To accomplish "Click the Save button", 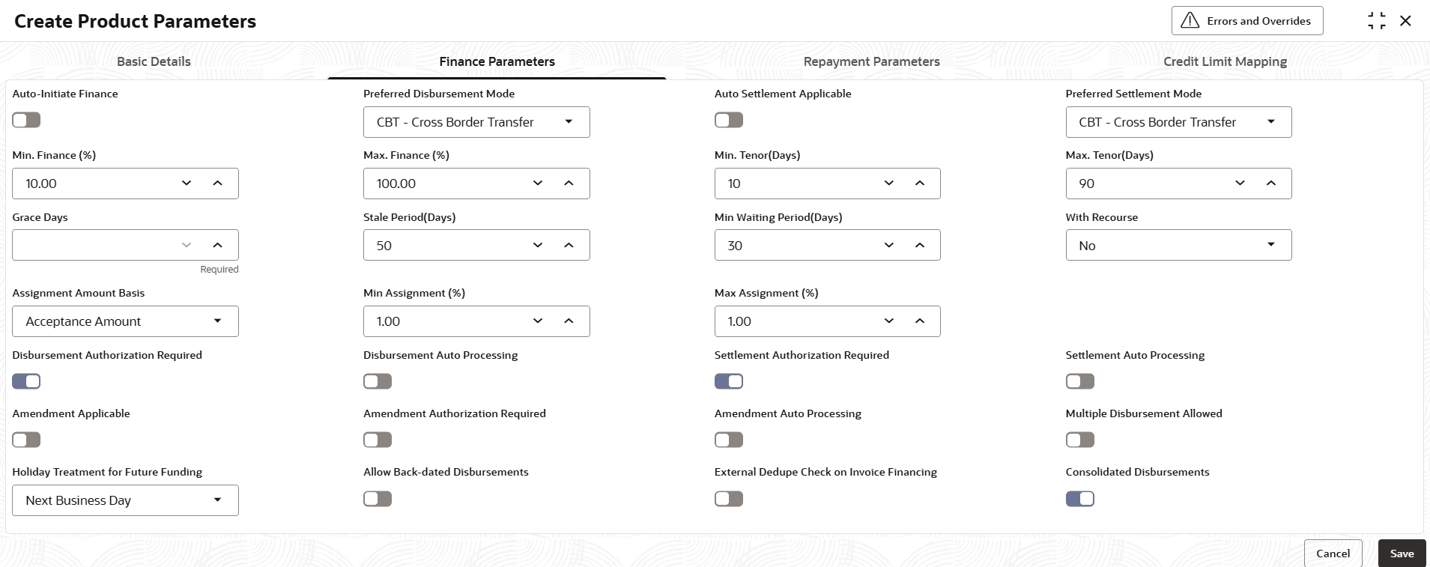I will click(1402, 554).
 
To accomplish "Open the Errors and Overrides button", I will click(1247, 21).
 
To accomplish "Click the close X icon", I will click(1405, 21).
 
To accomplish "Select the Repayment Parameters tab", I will click(871, 61).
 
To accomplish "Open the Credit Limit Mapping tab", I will click(1225, 61).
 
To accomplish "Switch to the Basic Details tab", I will click(154, 61).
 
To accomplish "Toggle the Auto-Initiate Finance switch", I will click(26, 120).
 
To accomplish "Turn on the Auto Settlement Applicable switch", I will click(728, 120).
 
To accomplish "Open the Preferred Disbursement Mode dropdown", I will click(476, 122).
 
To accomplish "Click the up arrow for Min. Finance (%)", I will click(217, 184).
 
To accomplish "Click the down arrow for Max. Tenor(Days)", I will click(1240, 184).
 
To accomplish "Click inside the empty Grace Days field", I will click(94, 245).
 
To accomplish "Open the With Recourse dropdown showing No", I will click(1178, 245).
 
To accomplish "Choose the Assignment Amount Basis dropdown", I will click(125, 321).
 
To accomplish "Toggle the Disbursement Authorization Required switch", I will click(26, 381).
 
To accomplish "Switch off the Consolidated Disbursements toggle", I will click(1079, 499).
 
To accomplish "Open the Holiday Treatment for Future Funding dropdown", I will click(125, 500).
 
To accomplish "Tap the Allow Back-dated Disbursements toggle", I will click(378, 499).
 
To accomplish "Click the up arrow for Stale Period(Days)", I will click(569, 245).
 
